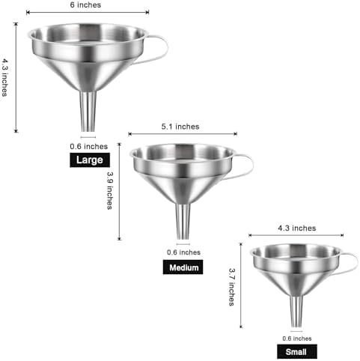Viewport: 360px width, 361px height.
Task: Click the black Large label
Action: (90, 160)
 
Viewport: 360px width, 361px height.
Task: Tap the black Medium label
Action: (183, 267)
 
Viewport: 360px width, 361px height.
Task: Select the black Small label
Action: (297, 352)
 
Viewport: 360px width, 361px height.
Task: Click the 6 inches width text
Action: (85, 5)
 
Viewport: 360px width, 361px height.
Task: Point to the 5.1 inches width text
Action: (180, 127)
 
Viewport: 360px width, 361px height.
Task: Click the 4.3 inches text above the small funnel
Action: (297, 228)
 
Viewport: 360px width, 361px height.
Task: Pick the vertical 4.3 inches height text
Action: (4, 77)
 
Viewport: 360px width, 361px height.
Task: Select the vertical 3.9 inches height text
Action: (110, 190)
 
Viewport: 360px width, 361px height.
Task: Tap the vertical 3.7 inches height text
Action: (232, 287)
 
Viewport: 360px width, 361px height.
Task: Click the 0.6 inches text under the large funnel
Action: (89, 147)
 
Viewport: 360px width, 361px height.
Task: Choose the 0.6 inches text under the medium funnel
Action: (183, 252)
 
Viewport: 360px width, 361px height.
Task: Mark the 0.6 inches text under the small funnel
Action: (297, 339)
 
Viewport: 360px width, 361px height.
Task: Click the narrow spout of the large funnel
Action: (88, 112)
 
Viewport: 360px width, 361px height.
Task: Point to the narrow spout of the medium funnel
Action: (183, 222)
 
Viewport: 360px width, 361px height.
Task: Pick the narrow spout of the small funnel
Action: (296, 312)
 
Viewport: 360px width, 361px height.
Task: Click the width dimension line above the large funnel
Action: (88, 12)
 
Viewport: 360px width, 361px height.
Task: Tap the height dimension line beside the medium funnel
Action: (120, 192)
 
